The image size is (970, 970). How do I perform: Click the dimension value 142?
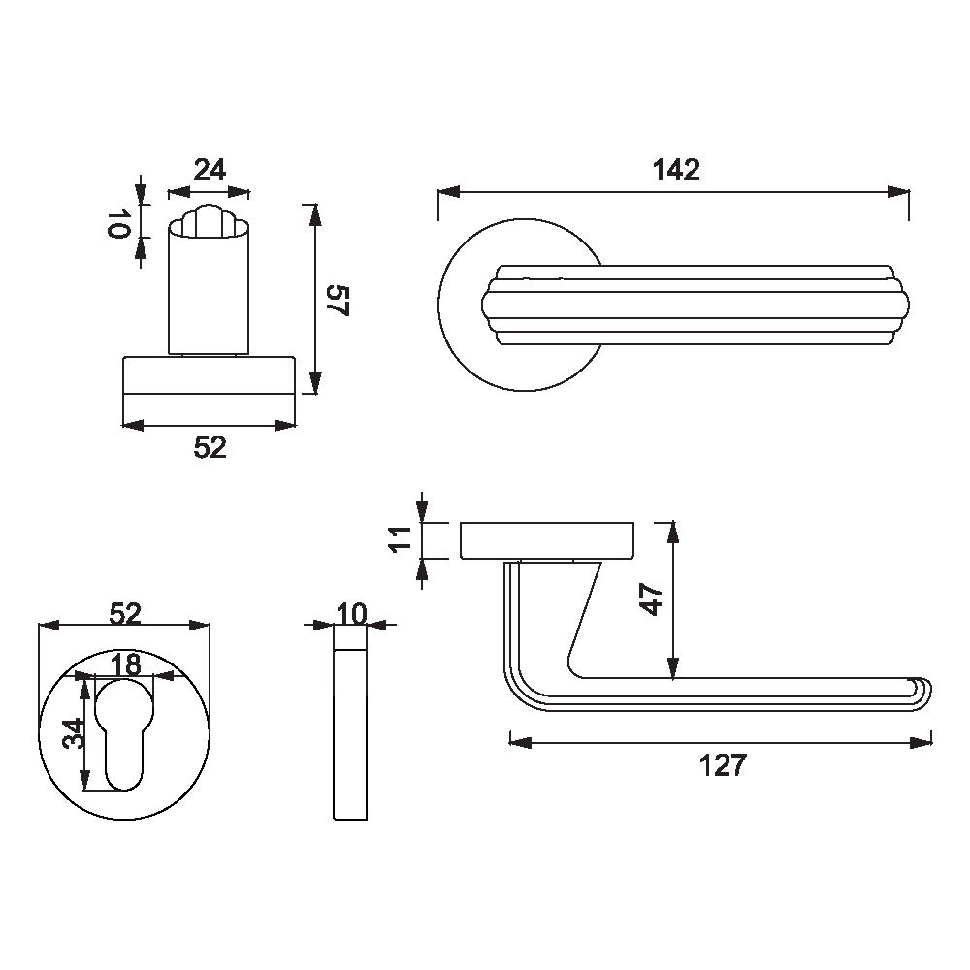[676, 170]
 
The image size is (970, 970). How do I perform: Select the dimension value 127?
[723, 765]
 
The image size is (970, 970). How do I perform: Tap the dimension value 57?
[338, 301]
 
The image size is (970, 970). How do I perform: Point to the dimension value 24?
[210, 170]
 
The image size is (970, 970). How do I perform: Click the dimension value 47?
[652, 599]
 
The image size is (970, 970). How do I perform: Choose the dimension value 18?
[125, 665]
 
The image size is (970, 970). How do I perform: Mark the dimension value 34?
[76, 733]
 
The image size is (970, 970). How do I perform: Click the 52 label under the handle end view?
[210, 447]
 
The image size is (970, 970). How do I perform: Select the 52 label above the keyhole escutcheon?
[125, 614]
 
